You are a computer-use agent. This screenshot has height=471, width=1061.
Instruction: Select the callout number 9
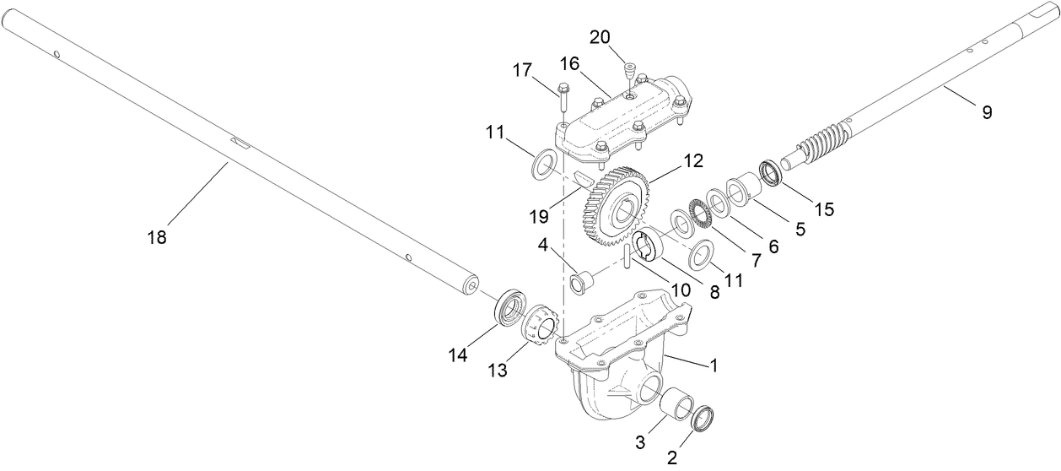[986, 111]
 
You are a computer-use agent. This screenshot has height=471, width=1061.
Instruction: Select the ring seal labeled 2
[702, 420]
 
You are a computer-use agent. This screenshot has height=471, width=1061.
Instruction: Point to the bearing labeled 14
[509, 308]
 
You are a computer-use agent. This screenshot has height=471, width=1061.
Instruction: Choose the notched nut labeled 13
[538, 325]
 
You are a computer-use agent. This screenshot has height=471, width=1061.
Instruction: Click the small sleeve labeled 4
[581, 282]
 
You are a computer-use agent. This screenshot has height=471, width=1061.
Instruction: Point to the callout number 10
[680, 289]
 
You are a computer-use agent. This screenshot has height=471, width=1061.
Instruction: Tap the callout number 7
[755, 262]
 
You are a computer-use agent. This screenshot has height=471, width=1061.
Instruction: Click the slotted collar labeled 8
[649, 245]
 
